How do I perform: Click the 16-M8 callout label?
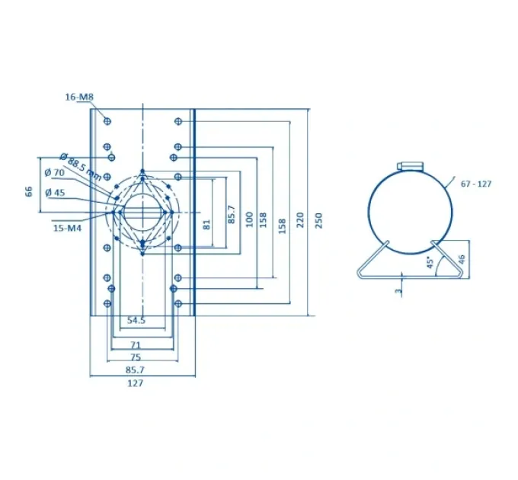(x=79, y=97)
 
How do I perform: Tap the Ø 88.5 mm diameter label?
(x=81, y=167)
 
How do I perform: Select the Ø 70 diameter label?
(x=55, y=172)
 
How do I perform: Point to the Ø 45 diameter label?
(x=55, y=192)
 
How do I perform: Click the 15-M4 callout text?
(x=67, y=228)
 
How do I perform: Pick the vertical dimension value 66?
(x=29, y=191)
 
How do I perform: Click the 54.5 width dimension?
(x=136, y=320)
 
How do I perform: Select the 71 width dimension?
(x=136, y=345)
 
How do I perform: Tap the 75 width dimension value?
(x=136, y=357)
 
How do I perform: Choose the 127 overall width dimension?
(x=136, y=383)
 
